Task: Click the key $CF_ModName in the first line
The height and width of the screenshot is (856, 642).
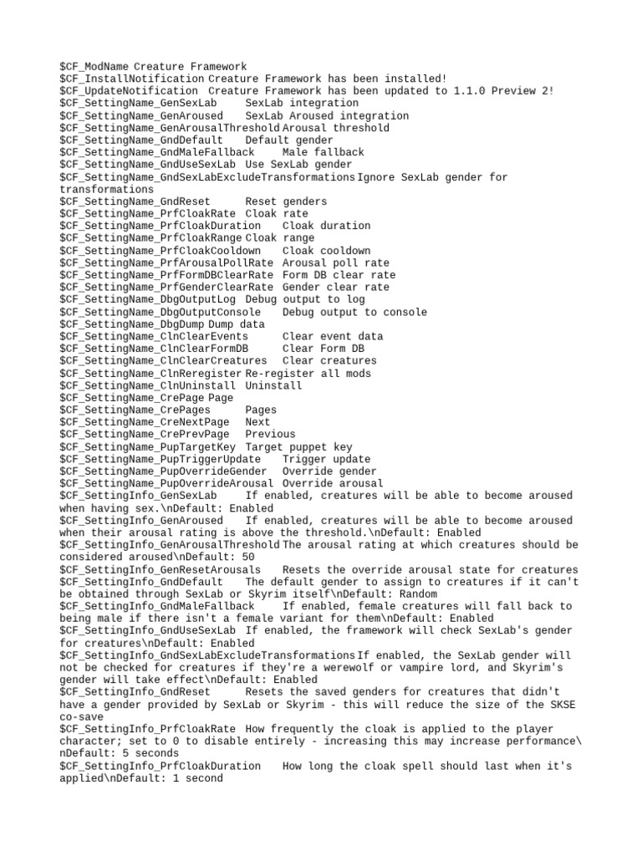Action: [x=94, y=66]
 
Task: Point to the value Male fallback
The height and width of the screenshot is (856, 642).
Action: [x=324, y=152]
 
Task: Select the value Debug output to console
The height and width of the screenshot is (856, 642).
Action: [x=354, y=312]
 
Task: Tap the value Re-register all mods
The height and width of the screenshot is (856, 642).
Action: [x=308, y=374]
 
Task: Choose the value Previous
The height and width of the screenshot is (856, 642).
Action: [x=270, y=435]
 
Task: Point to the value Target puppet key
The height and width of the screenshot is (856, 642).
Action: [x=298, y=447]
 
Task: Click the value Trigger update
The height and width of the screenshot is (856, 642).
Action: [x=326, y=459]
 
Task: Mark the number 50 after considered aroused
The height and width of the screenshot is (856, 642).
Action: [x=247, y=557]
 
